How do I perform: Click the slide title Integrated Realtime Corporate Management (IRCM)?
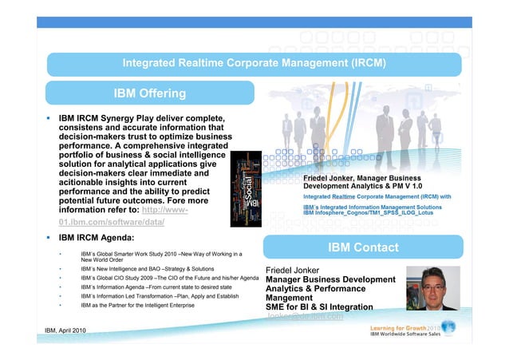[254, 62]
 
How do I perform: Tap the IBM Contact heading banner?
[363, 247]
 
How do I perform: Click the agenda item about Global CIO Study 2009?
[168, 278]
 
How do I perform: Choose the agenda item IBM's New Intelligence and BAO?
[147, 269]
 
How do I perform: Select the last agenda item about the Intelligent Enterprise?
[143, 305]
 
